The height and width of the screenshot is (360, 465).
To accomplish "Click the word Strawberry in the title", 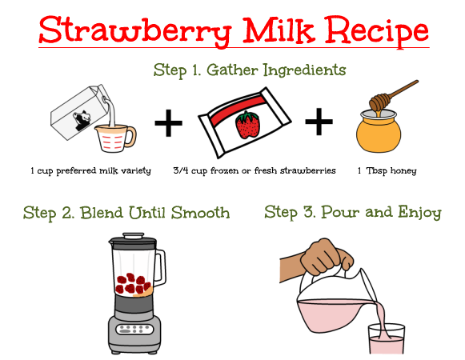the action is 134,31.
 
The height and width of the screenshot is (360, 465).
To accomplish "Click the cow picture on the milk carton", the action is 82,120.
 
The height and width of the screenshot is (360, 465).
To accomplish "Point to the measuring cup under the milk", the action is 116,138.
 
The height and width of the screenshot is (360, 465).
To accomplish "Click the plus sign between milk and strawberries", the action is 168,122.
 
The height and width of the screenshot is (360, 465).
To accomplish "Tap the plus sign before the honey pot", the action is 319,122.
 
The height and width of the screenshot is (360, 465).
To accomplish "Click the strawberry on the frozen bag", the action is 247,125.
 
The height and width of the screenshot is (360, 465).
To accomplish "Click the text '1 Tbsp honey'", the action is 387,171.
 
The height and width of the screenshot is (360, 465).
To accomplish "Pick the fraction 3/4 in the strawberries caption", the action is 181,170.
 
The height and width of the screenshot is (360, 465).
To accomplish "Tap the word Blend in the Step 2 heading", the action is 102,213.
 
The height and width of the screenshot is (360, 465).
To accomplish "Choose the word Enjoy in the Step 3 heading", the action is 419,213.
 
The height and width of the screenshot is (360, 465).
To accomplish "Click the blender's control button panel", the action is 134,329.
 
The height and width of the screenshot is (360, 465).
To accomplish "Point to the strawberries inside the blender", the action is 133,284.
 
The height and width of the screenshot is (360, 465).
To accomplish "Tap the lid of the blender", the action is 133,238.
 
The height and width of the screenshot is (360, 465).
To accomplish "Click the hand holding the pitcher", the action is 326,257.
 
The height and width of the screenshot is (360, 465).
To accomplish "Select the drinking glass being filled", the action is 386,338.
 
